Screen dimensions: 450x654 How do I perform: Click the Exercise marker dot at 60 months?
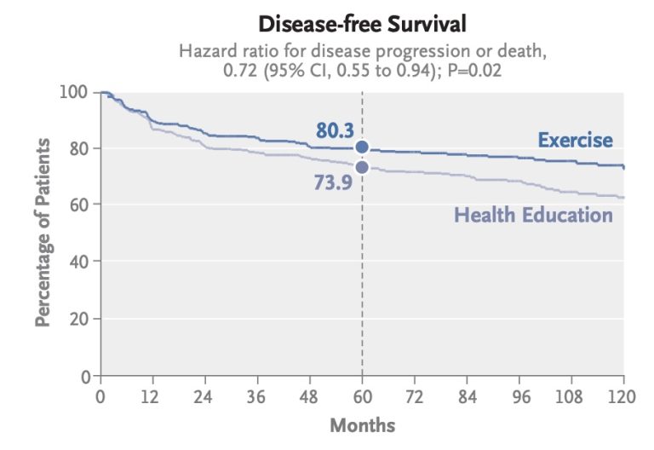(x=362, y=147)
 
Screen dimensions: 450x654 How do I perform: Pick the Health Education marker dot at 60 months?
(x=362, y=167)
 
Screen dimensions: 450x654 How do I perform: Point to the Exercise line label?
(x=575, y=140)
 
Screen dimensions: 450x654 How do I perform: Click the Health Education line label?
(x=533, y=214)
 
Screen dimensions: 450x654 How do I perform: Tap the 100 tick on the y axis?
(x=75, y=92)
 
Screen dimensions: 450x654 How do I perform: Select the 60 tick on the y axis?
(x=81, y=205)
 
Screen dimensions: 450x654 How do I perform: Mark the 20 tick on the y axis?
(x=81, y=319)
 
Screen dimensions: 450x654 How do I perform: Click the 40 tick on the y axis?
(x=81, y=262)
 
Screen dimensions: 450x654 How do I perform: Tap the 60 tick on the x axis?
(x=362, y=396)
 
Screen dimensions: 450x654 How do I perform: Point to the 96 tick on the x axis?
(x=519, y=396)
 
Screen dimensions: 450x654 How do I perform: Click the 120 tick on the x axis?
(x=622, y=396)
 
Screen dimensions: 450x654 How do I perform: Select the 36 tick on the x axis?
(x=257, y=396)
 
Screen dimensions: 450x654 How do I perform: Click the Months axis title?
(x=362, y=424)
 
